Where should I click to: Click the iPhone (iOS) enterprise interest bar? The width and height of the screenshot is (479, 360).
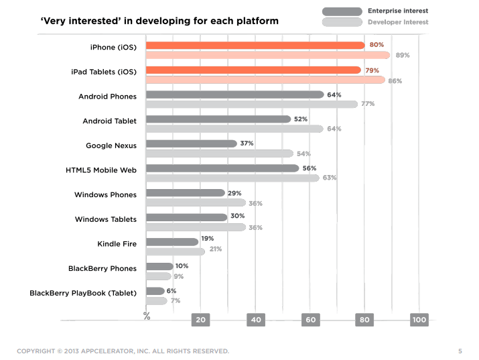(x=255, y=46)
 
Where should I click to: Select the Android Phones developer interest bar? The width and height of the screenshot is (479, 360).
(x=252, y=104)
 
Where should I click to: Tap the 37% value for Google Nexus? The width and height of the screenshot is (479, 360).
(x=247, y=143)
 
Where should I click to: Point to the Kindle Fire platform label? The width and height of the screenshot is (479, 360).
(x=117, y=244)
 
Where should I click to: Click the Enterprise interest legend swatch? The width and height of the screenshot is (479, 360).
(x=342, y=11)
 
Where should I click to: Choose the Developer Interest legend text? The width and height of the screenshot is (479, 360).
(x=398, y=22)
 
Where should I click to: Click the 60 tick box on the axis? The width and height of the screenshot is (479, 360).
(x=310, y=320)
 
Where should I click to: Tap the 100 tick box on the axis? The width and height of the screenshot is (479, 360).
(x=419, y=320)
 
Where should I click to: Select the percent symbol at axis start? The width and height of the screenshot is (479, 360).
(x=147, y=316)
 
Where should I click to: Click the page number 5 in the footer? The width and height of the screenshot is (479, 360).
(x=460, y=351)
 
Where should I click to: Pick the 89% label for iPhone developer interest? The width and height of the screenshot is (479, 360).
(x=403, y=55)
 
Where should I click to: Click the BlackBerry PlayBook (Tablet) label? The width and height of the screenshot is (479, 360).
(x=83, y=293)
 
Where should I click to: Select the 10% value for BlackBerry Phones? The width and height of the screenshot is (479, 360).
(x=182, y=266)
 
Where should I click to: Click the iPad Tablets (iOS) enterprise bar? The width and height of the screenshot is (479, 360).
(x=253, y=70)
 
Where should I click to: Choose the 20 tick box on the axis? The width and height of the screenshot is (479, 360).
(x=200, y=320)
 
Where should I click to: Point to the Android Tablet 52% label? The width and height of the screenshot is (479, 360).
(x=301, y=119)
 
